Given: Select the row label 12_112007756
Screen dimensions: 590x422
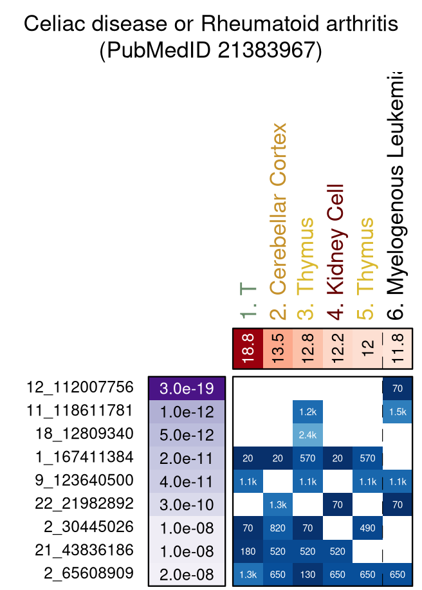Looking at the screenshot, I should pyautogui.click(x=80, y=387).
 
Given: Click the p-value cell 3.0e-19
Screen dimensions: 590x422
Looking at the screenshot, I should pyautogui.click(x=187, y=388).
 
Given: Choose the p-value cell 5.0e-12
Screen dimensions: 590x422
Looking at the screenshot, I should pyautogui.click(x=187, y=434).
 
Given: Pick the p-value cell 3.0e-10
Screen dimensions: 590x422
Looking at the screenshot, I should pyautogui.click(x=187, y=504).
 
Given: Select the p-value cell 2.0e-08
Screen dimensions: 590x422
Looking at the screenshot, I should pyautogui.click(x=187, y=574).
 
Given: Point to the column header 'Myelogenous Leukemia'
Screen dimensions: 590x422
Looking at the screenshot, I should pyautogui.click(x=397, y=193).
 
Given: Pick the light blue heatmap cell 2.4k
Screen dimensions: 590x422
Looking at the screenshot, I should pyautogui.click(x=307, y=434).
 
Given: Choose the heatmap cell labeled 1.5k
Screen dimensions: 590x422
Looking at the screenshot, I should pyautogui.click(x=397, y=411).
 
